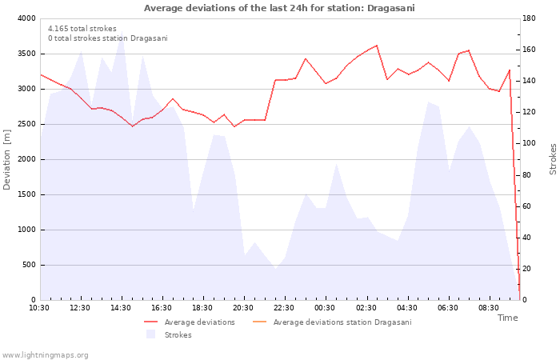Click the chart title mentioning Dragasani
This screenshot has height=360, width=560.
point(279,8)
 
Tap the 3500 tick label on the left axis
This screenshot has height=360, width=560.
point(26,54)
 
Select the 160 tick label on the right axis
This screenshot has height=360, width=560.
point(529,50)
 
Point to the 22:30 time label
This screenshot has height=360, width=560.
point(284,308)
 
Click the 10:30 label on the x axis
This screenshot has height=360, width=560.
point(39,308)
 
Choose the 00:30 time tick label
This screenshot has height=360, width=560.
point(325,308)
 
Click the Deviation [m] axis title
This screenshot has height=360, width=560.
point(6,159)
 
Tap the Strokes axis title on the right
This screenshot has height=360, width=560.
point(553,159)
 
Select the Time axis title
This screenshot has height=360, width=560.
point(507,318)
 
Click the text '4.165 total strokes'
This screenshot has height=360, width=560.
point(82,29)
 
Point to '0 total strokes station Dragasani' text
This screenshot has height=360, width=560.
point(108,38)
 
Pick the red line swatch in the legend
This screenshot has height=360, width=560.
point(150,322)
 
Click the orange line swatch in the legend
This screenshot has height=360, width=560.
point(260,322)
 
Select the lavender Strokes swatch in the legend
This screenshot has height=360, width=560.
point(150,334)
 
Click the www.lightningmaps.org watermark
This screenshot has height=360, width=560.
point(45,355)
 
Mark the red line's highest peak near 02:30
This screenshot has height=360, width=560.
point(377,46)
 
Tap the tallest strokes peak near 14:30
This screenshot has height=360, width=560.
point(122,31)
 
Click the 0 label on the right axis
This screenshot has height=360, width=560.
point(524,300)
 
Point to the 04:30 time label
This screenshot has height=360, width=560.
point(406,308)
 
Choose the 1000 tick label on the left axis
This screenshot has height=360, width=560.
point(26,230)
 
